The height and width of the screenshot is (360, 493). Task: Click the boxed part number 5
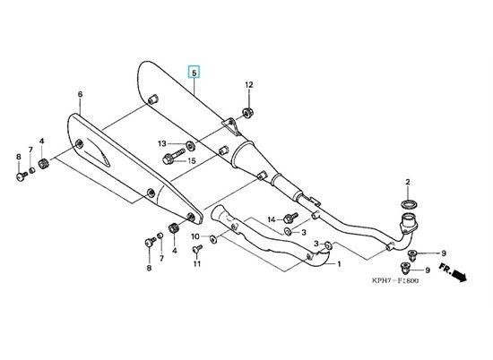[x=194, y=73]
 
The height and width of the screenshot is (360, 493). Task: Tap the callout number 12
[x=249, y=85]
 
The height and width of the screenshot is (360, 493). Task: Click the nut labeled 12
[x=248, y=113]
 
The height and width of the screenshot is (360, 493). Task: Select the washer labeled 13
[x=190, y=145]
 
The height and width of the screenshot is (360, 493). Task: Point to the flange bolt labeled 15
[x=174, y=156]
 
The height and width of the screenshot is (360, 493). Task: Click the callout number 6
[x=80, y=94]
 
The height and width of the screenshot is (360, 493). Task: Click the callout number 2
[x=408, y=182]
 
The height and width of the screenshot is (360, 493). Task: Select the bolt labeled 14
[x=290, y=218]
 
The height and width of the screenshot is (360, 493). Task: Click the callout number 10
[x=195, y=236]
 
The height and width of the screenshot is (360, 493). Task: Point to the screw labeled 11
[x=197, y=248]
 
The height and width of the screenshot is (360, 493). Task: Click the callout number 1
[x=339, y=264]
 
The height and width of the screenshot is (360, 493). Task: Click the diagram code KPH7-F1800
[x=395, y=280]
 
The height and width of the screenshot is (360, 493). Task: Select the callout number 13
[x=162, y=144]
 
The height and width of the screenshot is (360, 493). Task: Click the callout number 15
[x=192, y=161]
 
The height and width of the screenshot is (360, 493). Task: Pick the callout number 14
[x=272, y=219]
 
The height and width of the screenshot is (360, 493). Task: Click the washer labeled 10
[x=213, y=239]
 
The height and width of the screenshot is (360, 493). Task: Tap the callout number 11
[x=197, y=263]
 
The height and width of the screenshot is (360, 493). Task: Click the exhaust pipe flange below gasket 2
[x=409, y=224]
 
